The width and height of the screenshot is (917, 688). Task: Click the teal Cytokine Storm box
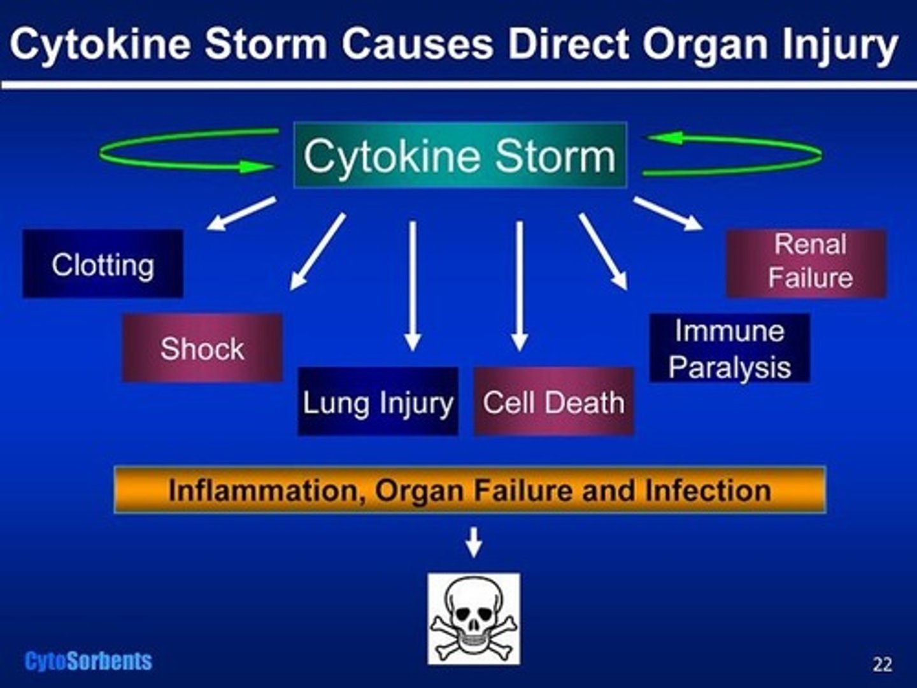point(460,155)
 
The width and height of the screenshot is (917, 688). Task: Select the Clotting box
point(103,264)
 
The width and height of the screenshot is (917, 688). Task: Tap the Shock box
point(202,348)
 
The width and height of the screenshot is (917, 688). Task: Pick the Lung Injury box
point(378,401)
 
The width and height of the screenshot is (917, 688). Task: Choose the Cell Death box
point(553,401)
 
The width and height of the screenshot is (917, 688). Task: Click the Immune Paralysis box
point(729,348)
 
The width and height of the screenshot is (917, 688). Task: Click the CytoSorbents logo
point(89,661)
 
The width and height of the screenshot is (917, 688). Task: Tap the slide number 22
point(882,664)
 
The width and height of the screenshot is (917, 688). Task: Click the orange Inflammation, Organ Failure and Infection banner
point(470,490)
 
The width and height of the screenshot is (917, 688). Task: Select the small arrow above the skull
point(473,541)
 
